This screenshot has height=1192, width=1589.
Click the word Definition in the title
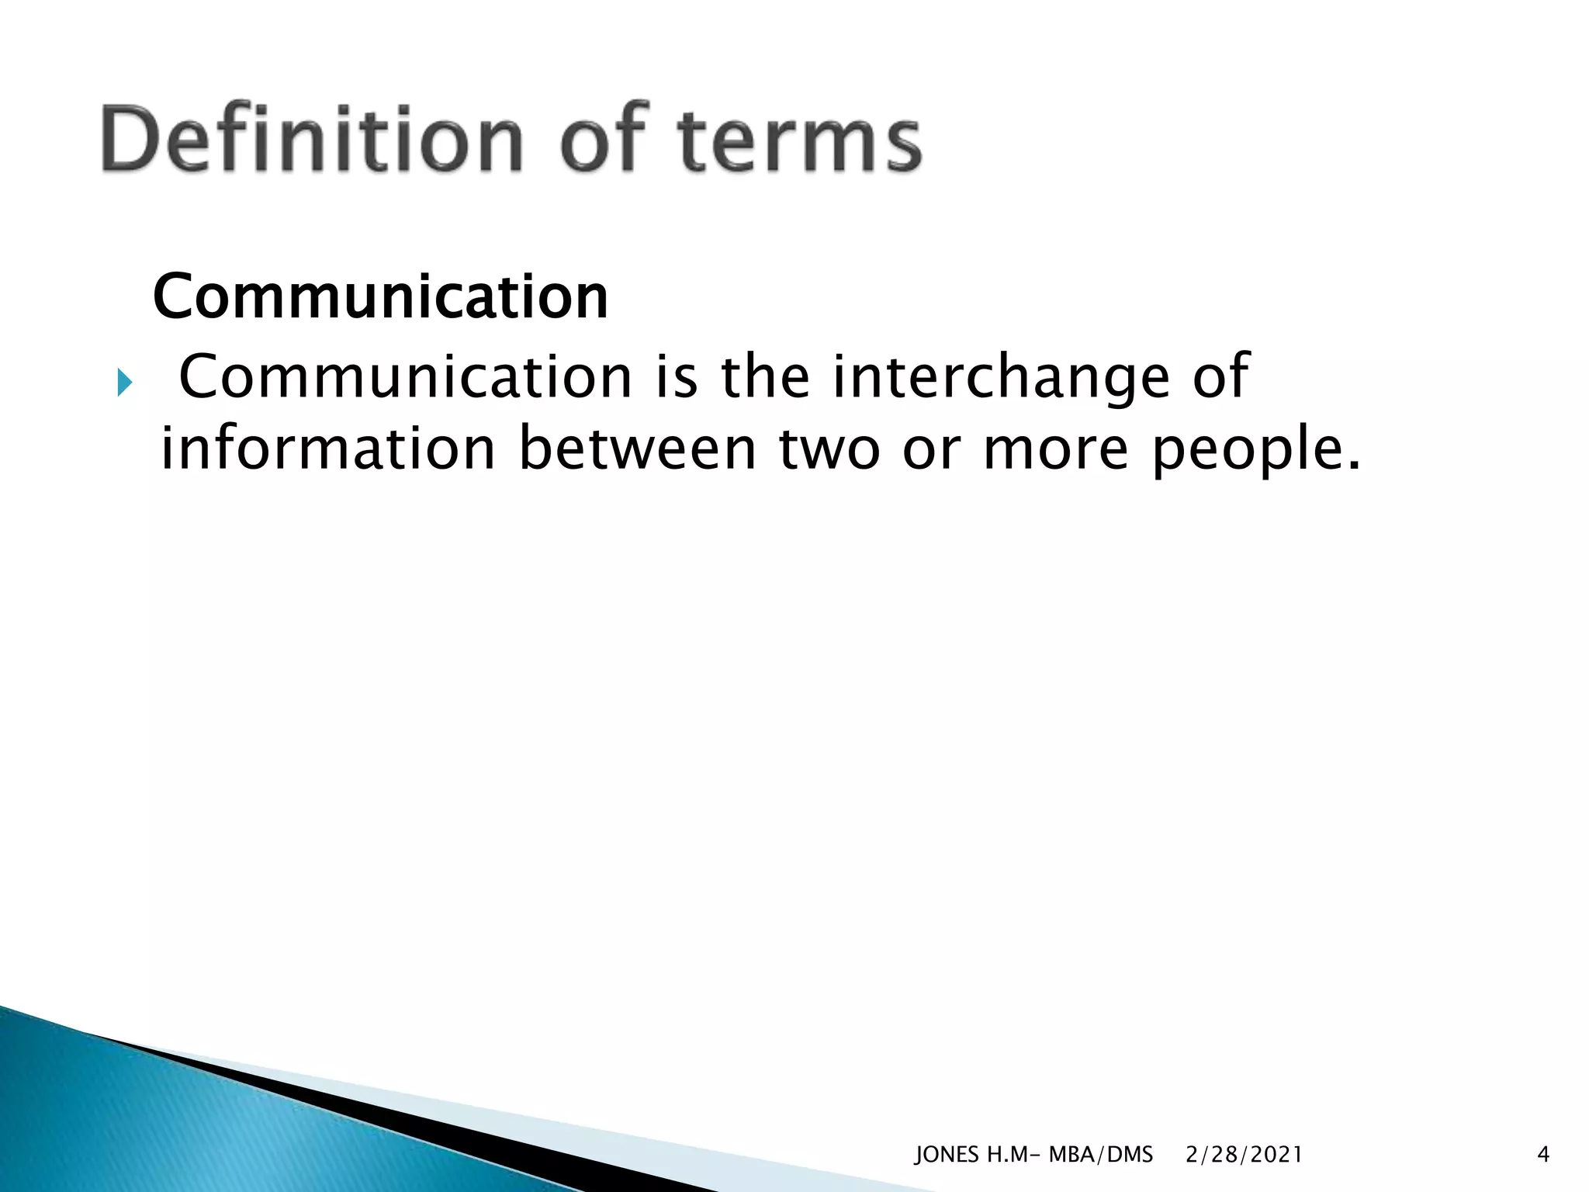tap(310, 140)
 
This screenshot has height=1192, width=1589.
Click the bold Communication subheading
tap(380, 297)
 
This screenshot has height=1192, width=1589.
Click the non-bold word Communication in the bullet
tap(406, 377)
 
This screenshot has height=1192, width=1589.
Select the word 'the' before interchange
tap(765, 377)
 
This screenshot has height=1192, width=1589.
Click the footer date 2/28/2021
tap(1244, 1155)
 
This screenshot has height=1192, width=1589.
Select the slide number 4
tap(1542, 1155)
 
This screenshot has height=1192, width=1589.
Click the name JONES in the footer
tap(947, 1155)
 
